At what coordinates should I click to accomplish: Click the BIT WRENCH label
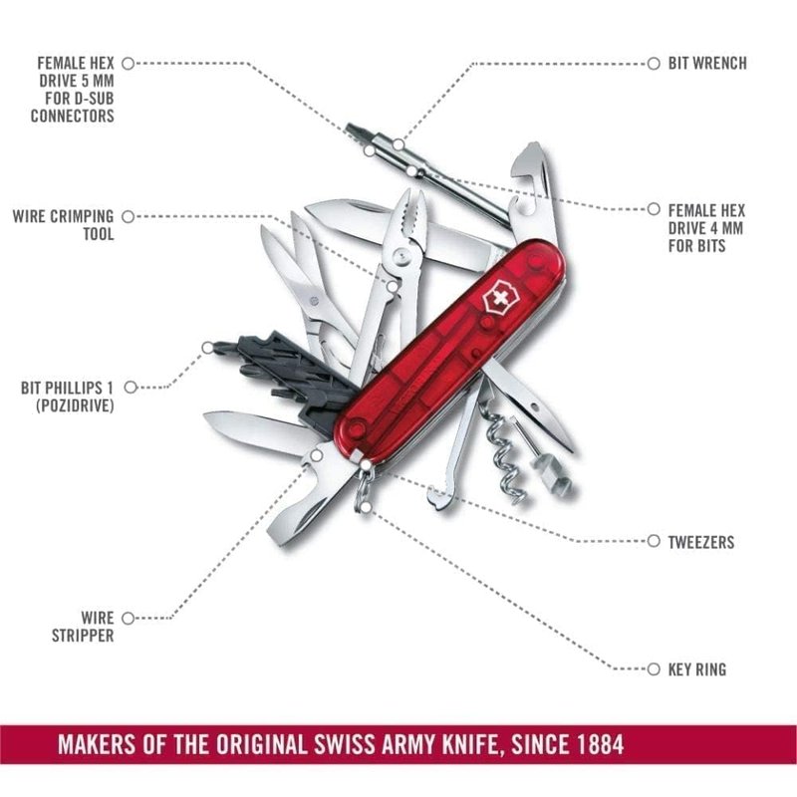[707, 64]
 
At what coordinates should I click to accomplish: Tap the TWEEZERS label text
[701, 542]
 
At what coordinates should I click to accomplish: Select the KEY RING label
[696, 668]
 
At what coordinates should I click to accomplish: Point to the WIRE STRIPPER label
[83, 627]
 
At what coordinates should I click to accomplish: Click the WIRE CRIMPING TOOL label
[64, 225]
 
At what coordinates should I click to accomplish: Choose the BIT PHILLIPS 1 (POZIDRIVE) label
[67, 397]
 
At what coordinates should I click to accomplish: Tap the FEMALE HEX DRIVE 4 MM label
[706, 228]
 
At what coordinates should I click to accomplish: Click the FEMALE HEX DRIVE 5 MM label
[72, 90]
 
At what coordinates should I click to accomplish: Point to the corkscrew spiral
[503, 457]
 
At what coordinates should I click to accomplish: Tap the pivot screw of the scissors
[314, 302]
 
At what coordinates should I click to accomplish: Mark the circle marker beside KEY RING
[654, 668]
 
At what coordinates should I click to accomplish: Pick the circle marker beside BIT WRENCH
[654, 64]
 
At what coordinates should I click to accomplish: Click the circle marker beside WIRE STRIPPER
[129, 618]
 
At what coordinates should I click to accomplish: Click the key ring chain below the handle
[365, 488]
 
